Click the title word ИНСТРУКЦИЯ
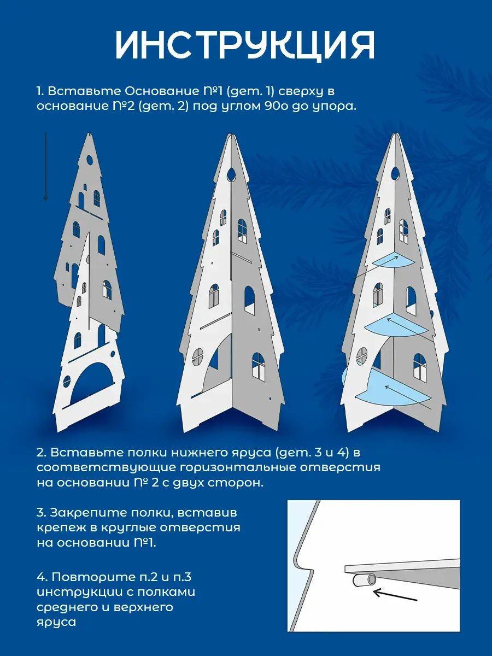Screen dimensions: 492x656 [x=245, y=45]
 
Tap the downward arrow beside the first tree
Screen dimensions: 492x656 [x=46, y=167]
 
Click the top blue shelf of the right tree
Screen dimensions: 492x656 [x=394, y=259]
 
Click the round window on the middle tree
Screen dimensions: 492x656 [x=198, y=356]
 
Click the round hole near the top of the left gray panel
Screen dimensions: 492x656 [x=90, y=160]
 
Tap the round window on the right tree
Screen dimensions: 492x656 [x=362, y=356]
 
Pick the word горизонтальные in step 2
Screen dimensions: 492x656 [x=242, y=467]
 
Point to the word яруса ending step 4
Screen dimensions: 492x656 [x=56, y=622]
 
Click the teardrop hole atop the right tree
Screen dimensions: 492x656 [x=395, y=174]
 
